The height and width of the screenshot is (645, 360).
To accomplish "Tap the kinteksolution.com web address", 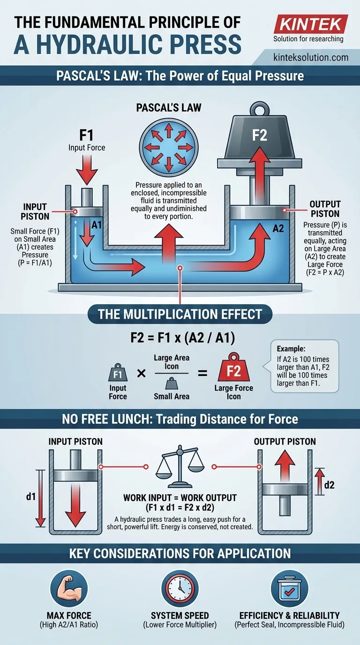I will [310, 58].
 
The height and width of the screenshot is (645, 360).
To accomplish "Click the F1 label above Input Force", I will [86, 136].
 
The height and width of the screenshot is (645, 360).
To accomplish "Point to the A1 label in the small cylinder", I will [97, 225].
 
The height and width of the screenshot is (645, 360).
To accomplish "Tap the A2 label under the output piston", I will [278, 229].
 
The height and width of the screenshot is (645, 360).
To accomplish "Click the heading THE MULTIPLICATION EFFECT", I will [180, 314].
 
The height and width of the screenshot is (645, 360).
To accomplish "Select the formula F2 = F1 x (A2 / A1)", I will [180, 338].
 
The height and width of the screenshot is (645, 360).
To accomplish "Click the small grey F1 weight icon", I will [117, 374].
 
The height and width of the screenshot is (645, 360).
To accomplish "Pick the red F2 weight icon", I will [233, 372].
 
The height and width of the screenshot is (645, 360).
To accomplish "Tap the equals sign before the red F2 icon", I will [202, 374].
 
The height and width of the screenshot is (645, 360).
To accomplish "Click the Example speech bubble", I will [303, 366].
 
